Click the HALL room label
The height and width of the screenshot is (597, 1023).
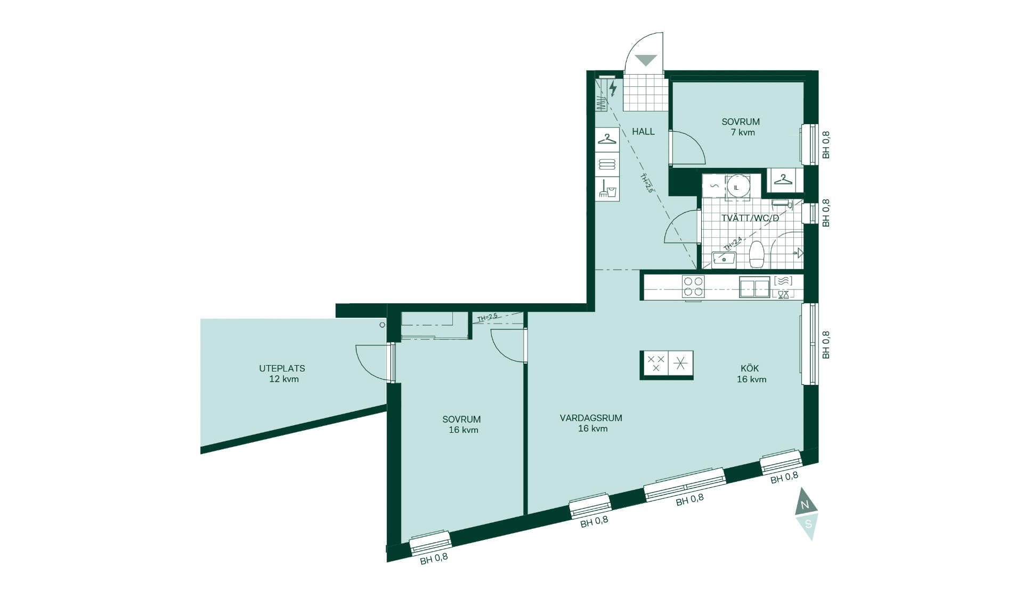[643, 132]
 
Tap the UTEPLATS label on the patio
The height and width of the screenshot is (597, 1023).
[282, 368]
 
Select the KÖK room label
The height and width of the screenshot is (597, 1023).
[750, 368]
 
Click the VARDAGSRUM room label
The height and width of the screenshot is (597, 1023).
[591, 418]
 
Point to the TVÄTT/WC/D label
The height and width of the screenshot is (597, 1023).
[750, 218]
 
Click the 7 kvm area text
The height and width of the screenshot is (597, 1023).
[743, 132]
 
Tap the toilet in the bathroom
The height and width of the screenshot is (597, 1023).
[757, 254]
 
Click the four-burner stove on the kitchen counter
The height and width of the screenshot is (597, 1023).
[693, 286]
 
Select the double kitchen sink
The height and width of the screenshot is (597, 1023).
[754, 287]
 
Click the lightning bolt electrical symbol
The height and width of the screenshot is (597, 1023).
[613, 88]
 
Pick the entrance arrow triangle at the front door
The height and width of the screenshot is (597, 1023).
[646, 61]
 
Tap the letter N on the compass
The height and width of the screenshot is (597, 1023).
[805, 504]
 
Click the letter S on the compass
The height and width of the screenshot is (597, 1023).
[808, 524]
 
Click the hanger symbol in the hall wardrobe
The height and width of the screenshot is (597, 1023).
[607, 139]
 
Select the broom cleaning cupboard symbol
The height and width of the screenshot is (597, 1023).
[607, 189]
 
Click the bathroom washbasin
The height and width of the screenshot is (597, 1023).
[724, 259]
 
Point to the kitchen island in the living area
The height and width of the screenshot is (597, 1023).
[667, 365]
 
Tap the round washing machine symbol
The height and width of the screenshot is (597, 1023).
[737, 187]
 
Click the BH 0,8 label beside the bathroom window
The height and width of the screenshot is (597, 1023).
[826, 213]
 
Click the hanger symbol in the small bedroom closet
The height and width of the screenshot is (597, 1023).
[783, 180]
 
